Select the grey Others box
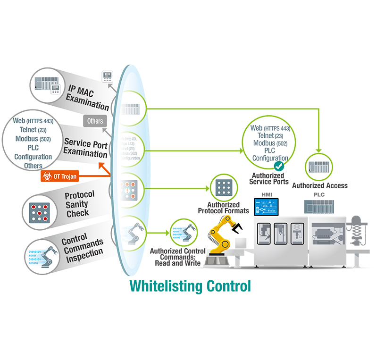point(94,121)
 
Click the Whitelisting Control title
point(190,286)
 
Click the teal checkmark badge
point(279,166)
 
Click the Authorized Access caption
point(319,186)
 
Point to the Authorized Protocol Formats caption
point(223,208)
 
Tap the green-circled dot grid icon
point(223,188)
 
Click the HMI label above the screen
point(266,194)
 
